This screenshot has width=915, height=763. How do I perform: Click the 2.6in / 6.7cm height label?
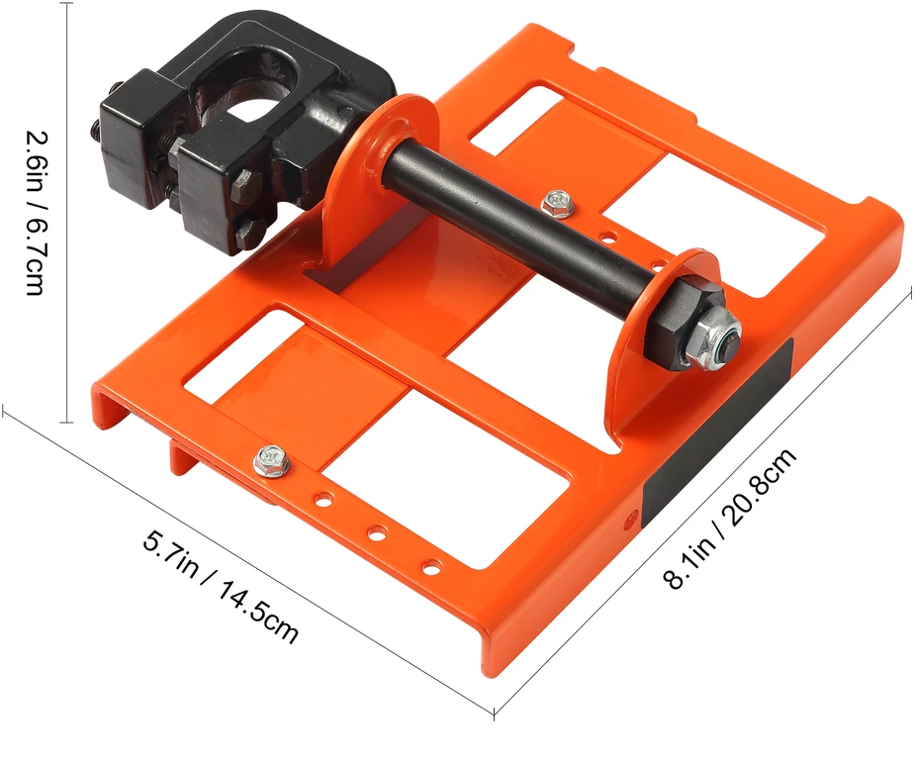pos(33,213)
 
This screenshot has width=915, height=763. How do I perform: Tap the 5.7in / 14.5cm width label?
pos(221,586)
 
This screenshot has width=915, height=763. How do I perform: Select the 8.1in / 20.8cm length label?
pos(730,519)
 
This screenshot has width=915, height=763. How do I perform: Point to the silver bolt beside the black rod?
pos(557,203)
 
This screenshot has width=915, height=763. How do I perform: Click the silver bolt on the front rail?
pos(272,460)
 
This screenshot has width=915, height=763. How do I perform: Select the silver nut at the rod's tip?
pos(717,338)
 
